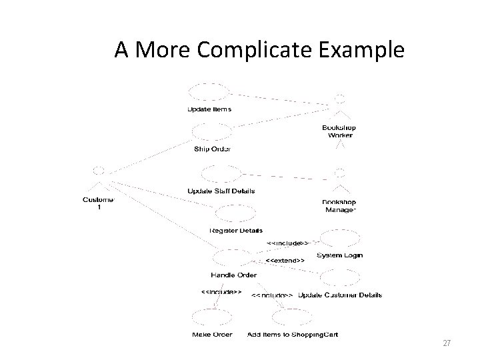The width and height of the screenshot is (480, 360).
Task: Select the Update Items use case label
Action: pyautogui.click(x=209, y=109)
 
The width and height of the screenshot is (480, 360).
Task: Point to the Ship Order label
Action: pyautogui.click(x=213, y=149)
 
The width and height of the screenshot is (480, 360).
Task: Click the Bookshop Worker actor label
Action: pyautogui.click(x=339, y=131)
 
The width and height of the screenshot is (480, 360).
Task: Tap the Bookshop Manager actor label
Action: pyautogui.click(x=339, y=206)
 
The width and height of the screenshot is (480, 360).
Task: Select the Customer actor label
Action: pyautogui.click(x=99, y=203)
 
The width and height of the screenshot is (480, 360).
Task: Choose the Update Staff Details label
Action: pyautogui.click(x=221, y=191)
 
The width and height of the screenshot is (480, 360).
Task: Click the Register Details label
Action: pyautogui.click(x=235, y=231)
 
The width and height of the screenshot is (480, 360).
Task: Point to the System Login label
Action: pyautogui.click(x=339, y=255)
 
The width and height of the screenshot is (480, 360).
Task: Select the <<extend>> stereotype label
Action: pyautogui.click(x=285, y=259)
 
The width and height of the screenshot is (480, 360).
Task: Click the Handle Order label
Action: pyautogui.click(x=233, y=275)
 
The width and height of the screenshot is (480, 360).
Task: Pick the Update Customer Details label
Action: pyautogui.click(x=340, y=295)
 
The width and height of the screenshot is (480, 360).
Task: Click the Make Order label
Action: pyautogui.click(x=211, y=335)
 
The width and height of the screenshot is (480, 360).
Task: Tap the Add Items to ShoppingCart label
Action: pyautogui.click(x=293, y=335)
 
